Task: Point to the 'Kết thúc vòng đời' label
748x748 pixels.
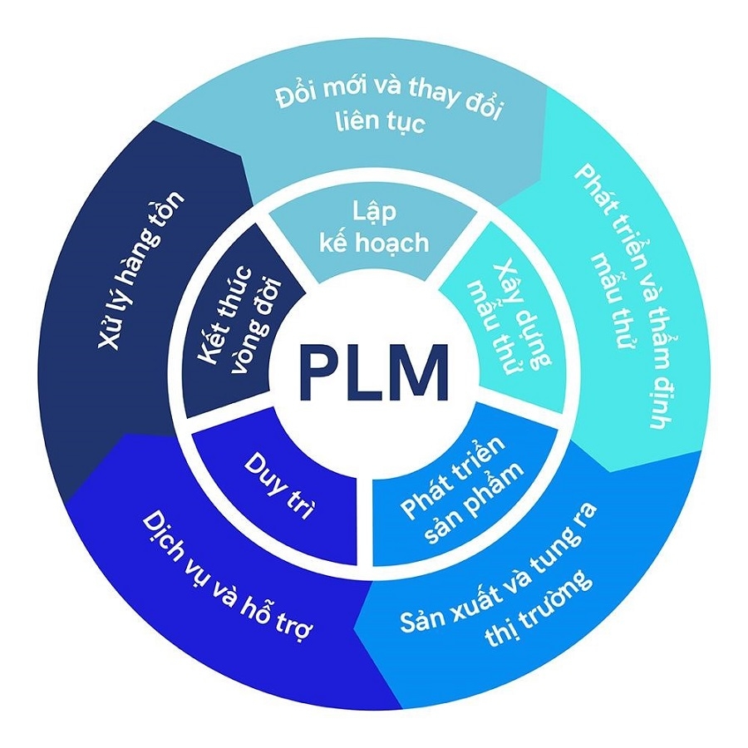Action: click(x=241, y=328)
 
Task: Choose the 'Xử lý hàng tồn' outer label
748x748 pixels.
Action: click(x=141, y=270)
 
